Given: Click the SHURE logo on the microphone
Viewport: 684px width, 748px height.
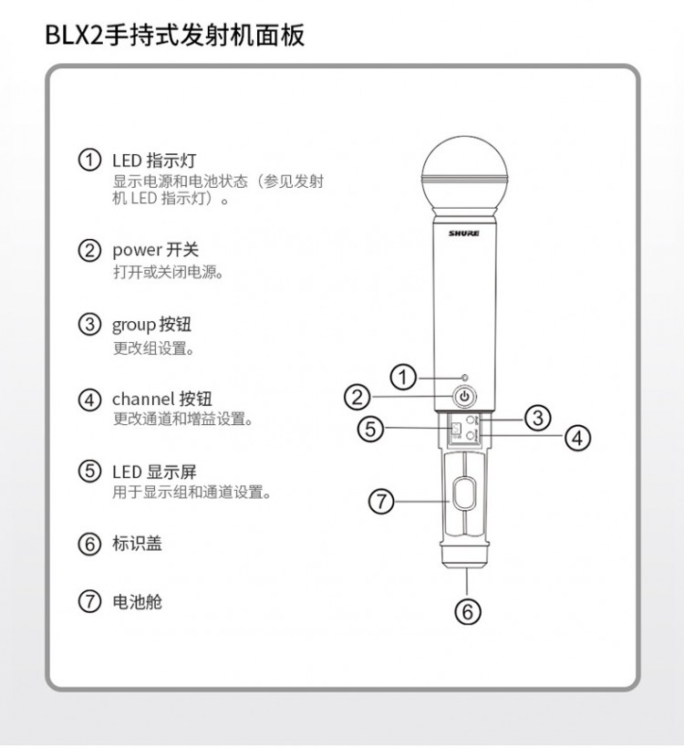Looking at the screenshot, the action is point(463,234).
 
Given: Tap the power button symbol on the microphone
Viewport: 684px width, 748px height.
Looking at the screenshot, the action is point(464,396).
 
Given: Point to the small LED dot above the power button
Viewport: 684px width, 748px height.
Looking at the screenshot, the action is point(465,378).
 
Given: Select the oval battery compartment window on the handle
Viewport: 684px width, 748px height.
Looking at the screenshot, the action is point(464,494).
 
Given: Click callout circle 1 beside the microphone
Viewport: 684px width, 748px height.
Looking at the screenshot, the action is point(403,378).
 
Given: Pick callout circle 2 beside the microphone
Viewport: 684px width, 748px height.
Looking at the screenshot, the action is point(358,397).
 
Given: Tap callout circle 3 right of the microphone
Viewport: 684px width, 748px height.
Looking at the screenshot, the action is point(537,418).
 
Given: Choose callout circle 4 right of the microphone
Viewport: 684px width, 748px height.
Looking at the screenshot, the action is point(577,438).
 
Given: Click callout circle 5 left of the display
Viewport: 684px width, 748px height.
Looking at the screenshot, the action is point(370,429).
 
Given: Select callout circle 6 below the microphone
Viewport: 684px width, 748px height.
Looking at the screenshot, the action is point(468,611).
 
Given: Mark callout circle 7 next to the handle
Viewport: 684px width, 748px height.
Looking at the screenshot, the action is point(381,502).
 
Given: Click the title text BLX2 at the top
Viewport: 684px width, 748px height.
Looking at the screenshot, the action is point(74,36).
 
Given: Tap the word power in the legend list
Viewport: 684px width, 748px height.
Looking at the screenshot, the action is point(138,251).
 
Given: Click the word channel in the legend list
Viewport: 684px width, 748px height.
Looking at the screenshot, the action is point(143,399).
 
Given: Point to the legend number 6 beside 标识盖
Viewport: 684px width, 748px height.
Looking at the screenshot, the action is point(89,544).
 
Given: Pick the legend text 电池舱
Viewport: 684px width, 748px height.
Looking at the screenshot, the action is point(138,601).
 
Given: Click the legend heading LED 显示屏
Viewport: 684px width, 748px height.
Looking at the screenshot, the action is point(154,472).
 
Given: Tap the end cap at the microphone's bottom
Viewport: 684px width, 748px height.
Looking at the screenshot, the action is point(465,556).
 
